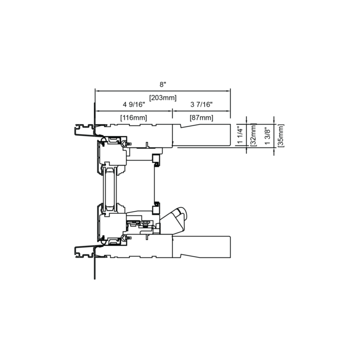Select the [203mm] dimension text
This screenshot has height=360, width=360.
click(x=163, y=97)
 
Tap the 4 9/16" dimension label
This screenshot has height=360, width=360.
click(x=133, y=104)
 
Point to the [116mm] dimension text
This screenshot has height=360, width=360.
click(x=133, y=117)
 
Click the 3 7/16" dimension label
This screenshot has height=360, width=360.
click(x=201, y=104)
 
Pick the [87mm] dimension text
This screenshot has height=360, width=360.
click(x=201, y=117)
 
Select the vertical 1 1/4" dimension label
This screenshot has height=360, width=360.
click(x=240, y=135)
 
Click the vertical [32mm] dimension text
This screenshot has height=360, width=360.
click(x=253, y=135)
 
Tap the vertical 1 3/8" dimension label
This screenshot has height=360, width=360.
click(x=267, y=136)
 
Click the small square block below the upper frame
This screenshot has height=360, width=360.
click(x=156, y=159)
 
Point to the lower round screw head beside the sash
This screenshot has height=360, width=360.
click(x=123, y=239)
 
